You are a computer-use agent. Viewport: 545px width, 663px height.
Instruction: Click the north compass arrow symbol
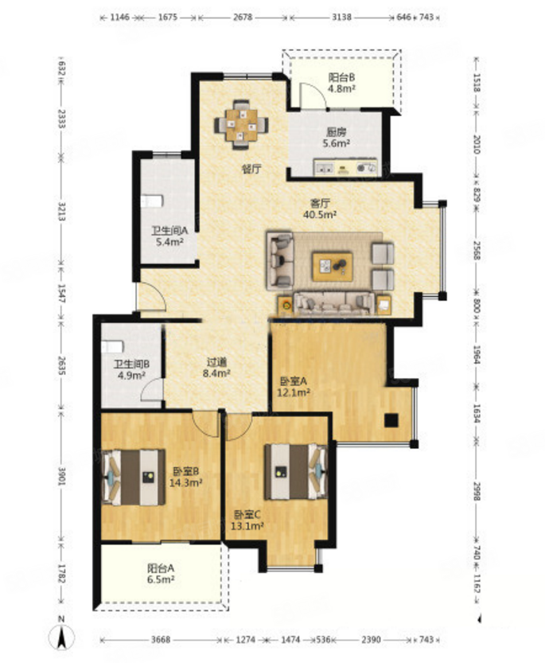click(x=61, y=638)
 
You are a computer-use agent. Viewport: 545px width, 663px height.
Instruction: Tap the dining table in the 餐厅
click(x=241, y=125)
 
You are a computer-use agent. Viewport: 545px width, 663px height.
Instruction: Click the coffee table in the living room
click(x=333, y=267)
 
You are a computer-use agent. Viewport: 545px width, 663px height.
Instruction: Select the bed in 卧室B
click(x=133, y=477)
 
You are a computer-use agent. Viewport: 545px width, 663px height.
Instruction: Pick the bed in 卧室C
click(x=296, y=471)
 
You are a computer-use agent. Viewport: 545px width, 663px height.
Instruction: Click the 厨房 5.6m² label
click(x=336, y=138)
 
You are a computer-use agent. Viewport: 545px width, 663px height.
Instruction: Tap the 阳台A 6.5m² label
click(x=161, y=574)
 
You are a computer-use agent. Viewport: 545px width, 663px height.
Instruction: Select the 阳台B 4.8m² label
click(x=341, y=83)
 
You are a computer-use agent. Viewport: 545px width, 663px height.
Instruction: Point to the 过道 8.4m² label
click(x=216, y=368)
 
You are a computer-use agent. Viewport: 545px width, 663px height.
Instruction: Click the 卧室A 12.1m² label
click(x=294, y=387)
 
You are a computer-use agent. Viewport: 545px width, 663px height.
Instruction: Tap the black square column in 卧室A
click(x=391, y=420)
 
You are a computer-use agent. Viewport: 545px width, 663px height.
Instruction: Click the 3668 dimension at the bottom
click(x=161, y=640)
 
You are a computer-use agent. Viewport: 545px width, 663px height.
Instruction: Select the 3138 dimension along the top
click(x=342, y=18)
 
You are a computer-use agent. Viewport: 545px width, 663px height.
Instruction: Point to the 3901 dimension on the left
click(x=62, y=476)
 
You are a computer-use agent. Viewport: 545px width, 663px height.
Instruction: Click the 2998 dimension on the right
click(x=477, y=491)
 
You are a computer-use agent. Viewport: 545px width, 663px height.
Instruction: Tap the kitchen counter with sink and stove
click(x=345, y=167)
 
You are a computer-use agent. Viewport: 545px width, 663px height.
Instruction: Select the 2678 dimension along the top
click(x=243, y=18)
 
